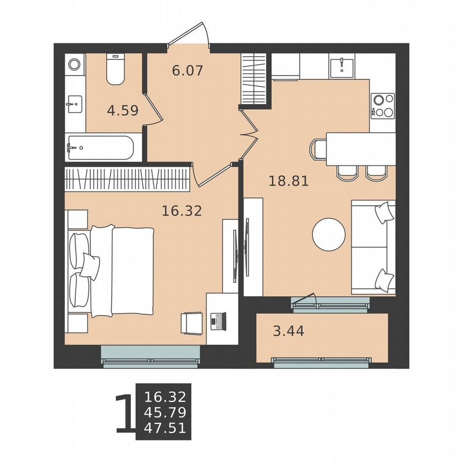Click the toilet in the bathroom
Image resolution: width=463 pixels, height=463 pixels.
pos(115,70)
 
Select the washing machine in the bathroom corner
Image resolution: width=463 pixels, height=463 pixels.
pos(74,65)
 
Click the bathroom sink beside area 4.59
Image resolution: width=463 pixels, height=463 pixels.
pos(74,103)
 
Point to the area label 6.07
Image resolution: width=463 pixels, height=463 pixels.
pos(188,70)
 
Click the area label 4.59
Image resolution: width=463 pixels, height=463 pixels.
pos(123,111)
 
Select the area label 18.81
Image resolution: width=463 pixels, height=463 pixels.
pos(288,181)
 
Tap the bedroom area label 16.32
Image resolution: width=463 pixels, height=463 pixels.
pos(182,211)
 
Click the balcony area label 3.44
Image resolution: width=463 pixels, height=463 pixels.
pos(288,331)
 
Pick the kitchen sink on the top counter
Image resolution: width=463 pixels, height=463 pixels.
pos(341,66)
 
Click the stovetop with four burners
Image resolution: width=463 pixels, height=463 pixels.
pos(383,105)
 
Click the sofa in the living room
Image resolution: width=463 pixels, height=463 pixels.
pos(373,247)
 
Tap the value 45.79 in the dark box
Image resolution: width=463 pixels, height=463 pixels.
pos(165,413)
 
